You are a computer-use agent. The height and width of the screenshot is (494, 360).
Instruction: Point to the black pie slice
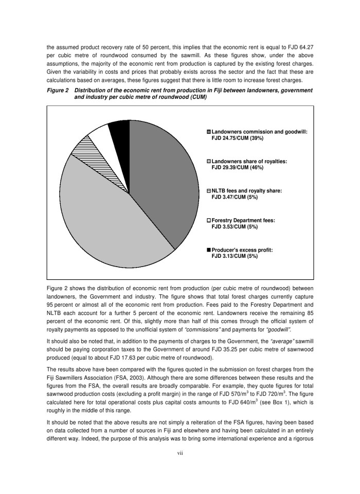click(x=120, y=130)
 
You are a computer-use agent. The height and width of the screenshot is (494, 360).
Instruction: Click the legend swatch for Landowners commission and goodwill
click(x=209, y=132)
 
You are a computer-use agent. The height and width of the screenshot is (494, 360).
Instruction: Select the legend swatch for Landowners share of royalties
click(x=209, y=162)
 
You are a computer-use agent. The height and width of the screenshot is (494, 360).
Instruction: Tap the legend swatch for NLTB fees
click(x=209, y=191)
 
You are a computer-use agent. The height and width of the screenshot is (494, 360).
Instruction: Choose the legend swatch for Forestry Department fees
click(x=209, y=220)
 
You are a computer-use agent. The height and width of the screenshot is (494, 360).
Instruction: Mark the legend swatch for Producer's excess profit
click(x=209, y=250)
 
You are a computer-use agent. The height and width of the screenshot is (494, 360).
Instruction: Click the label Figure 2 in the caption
click(x=59, y=91)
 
